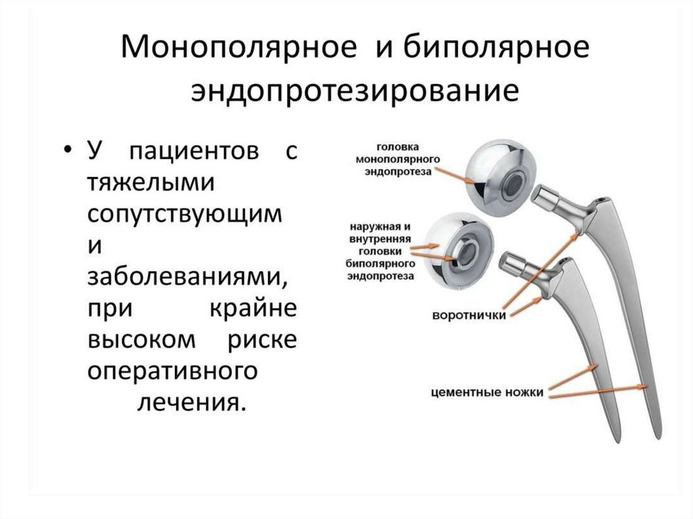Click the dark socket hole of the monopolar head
[516, 181]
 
